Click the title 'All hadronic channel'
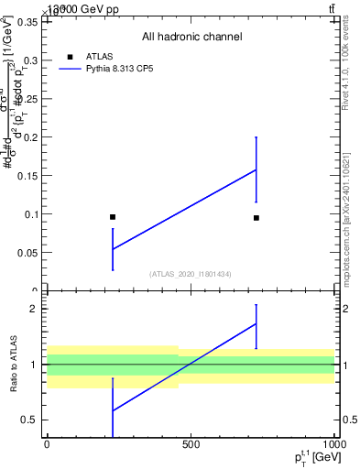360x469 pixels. pos(191,38)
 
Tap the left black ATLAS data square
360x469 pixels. pos(113,217)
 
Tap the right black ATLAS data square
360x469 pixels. pos(256,218)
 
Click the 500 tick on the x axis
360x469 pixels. pos(191,444)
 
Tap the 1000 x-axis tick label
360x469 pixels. pos(333,444)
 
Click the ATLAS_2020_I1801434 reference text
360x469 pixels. pos(191,274)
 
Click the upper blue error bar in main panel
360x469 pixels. pos(256,153)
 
